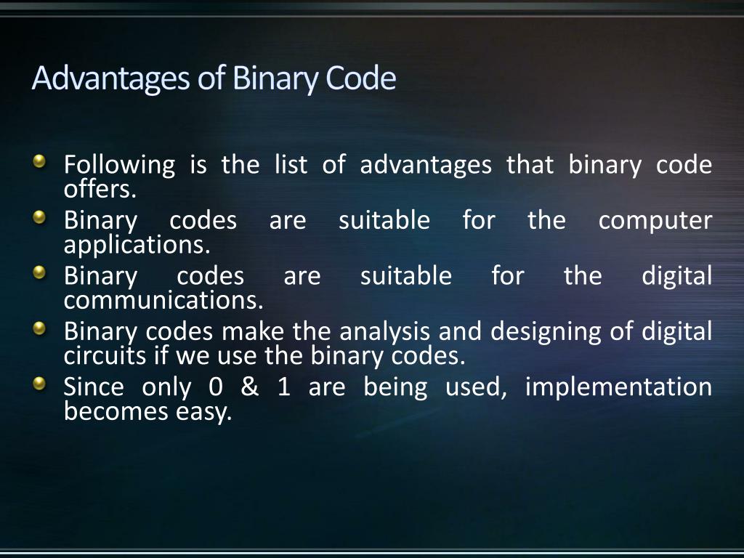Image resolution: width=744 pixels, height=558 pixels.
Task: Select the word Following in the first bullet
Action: (119, 166)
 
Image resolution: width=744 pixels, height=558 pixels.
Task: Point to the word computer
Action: (655, 221)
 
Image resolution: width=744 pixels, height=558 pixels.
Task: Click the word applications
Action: (137, 246)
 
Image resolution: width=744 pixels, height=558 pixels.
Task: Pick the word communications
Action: (163, 299)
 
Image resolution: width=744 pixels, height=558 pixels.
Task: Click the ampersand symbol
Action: (249, 387)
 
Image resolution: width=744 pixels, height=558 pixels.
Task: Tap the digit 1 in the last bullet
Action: (284, 387)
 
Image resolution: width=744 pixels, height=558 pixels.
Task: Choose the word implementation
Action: (618, 387)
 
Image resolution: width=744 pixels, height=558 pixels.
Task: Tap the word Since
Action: (94, 387)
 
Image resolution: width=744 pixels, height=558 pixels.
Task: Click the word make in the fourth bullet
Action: (253, 332)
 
